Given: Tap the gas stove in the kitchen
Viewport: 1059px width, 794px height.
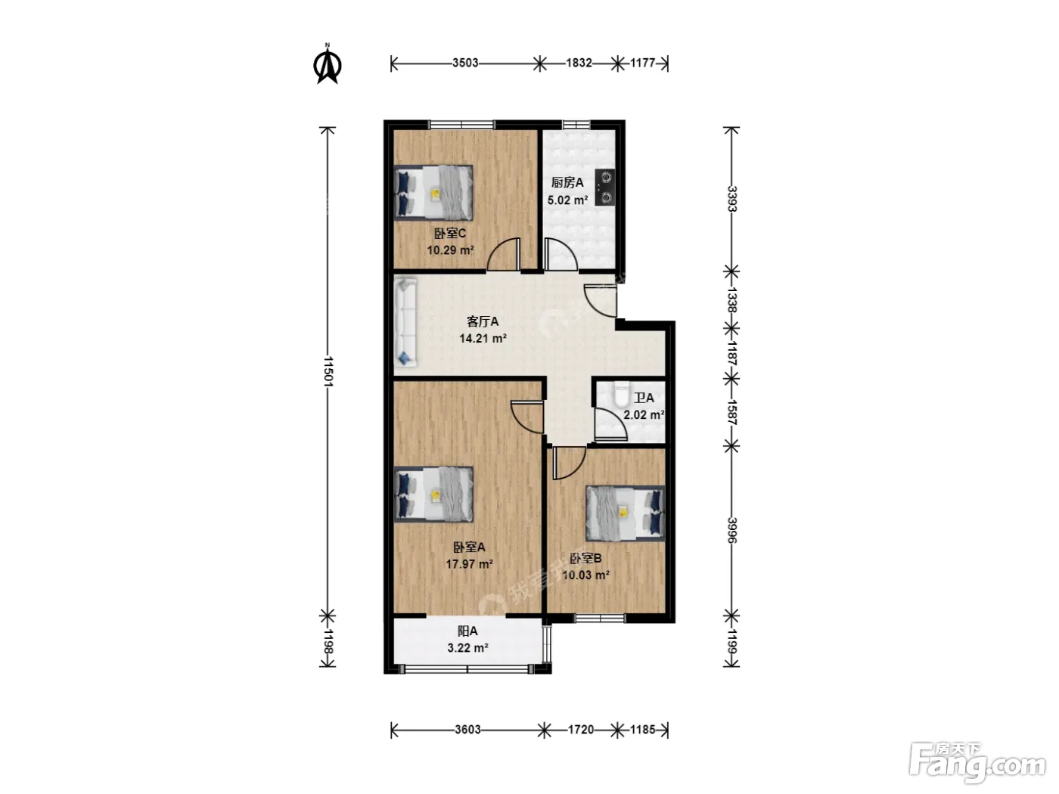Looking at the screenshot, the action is tap(604, 188).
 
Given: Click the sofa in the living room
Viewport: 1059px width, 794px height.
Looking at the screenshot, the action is tap(405, 321).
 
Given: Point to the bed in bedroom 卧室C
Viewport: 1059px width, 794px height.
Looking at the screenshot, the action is tap(433, 193).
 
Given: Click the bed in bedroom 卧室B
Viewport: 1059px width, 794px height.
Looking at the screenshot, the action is tap(626, 513).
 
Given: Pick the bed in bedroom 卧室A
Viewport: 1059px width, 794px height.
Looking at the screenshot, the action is tap(433, 494).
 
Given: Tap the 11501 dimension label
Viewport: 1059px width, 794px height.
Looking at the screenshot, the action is tap(328, 371).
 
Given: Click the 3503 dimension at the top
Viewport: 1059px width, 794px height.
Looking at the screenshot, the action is tap(465, 64).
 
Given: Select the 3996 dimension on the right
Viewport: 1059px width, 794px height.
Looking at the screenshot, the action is tap(732, 530).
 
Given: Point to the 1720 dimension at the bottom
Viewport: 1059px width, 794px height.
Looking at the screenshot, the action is tap(580, 730).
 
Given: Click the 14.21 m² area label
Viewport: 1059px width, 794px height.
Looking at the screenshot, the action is tap(483, 339).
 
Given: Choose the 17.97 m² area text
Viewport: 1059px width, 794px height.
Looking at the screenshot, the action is tap(469, 563).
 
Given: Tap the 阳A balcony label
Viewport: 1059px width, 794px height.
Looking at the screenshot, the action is tap(467, 631).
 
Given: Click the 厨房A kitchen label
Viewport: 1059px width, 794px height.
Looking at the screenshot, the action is tap(567, 183).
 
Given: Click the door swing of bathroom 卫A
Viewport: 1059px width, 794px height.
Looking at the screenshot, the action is tap(610, 423).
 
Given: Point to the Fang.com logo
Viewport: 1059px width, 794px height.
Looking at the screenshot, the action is tap(977, 762).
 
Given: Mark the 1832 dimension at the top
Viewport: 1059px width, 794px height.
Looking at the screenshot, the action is tap(579, 64).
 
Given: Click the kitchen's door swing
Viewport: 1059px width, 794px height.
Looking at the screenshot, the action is tap(561, 254).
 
